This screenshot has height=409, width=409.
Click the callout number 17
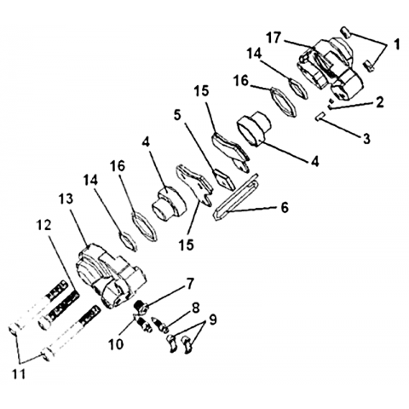[274, 37]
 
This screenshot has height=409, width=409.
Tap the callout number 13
[66, 199]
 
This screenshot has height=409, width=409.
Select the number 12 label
[43, 225]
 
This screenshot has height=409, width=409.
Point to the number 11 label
[19, 374]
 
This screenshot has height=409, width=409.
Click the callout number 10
[116, 344]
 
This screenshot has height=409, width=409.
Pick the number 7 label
[190, 284]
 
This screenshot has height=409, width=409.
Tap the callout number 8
[195, 308]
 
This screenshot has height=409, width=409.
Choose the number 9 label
[212, 320]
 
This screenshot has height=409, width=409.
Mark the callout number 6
[285, 207]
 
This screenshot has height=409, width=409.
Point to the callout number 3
[366, 139]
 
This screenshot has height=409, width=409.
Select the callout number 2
[379, 102]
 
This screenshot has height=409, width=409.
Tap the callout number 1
[397, 44]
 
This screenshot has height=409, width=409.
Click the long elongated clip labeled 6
[236, 197]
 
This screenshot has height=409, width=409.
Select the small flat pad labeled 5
[224, 179]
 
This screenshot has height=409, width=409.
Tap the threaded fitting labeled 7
[141, 307]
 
